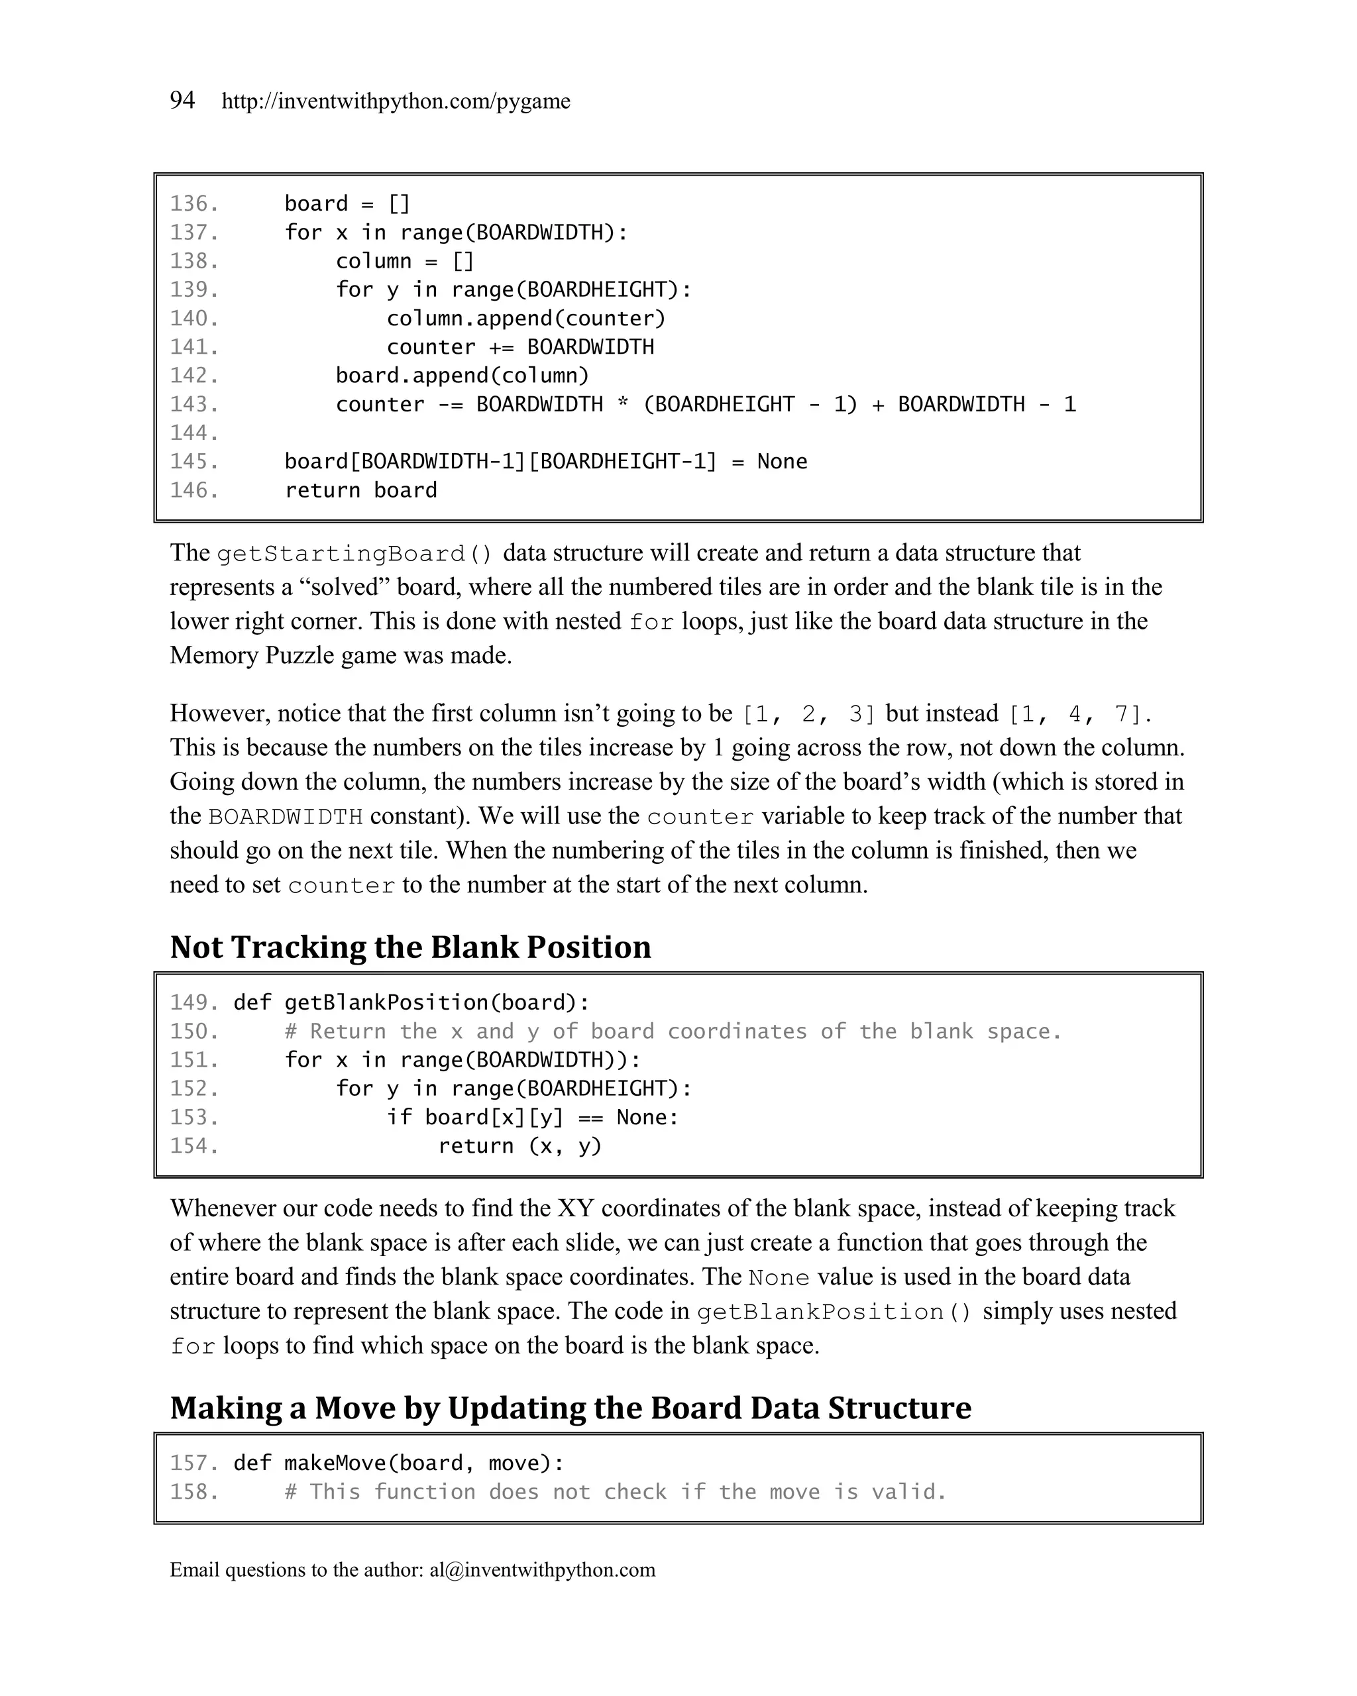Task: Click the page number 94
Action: pyautogui.click(x=182, y=100)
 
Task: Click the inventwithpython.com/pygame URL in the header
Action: pyautogui.click(x=396, y=101)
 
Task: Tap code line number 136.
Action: pyautogui.click(x=193, y=204)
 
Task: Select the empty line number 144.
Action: pyautogui.click(x=193, y=433)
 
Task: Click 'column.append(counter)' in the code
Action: pyautogui.click(x=525, y=319)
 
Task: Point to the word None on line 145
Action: pyautogui.click(x=781, y=462)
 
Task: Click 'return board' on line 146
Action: pyautogui.click(x=360, y=490)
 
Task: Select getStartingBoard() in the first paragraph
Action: pyautogui.click(x=354, y=554)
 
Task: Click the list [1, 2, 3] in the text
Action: pyautogui.click(x=808, y=714)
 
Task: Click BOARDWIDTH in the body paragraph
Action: pyautogui.click(x=285, y=817)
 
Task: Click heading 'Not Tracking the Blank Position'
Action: pyautogui.click(x=410, y=947)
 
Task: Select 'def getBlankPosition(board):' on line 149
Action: pyautogui.click(x=411, y=1003)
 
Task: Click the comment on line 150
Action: pyautogui.click(x=673, y=1032)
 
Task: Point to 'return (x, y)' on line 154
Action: pyautogui.click(x=519, y=1146)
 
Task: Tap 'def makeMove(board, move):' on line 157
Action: pyautogui.click(x=399, y=1463)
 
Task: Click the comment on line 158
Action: pyautogui.click(x=615, y=1492)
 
